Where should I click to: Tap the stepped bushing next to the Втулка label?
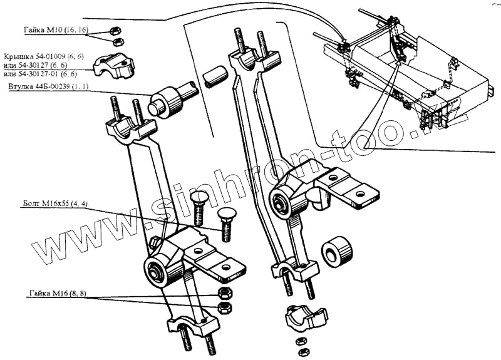165,101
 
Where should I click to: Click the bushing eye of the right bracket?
280,202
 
